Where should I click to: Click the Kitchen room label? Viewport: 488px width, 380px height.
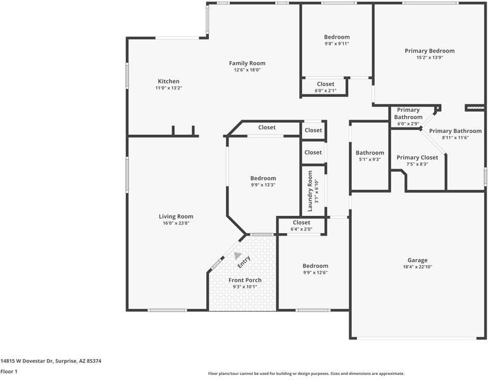point(168,81)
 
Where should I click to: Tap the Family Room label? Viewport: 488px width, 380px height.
point(247,63)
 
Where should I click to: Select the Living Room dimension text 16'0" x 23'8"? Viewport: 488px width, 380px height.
point(176,223)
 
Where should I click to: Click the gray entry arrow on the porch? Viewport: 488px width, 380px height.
point(237,255)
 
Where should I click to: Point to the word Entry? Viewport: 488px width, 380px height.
point(244,262)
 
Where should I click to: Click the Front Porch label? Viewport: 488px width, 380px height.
point(245,280)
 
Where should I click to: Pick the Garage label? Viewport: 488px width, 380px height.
point(417,260)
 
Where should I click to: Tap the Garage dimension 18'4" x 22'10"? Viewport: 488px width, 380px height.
point(417,267)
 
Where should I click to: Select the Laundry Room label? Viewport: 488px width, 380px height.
point(310,191)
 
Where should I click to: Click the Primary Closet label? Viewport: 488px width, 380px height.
point(417,158)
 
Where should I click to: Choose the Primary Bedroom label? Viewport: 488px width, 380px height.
point(430,51)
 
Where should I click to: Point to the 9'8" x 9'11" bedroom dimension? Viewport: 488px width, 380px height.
point(337,44)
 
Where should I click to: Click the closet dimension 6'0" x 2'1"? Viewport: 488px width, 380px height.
point(325,91)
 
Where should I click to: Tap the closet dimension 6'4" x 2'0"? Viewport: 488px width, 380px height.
point(301,229)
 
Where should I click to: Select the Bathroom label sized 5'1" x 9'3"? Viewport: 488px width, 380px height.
point(370,153)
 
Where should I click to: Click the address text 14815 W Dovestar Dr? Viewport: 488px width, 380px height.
point(27,361)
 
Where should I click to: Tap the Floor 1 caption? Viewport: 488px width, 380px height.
point(9,371)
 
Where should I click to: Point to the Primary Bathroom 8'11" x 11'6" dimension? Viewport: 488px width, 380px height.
point(455,137)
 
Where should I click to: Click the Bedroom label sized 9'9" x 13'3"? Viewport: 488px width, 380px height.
point(263,178)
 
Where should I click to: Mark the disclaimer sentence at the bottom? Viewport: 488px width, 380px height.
point(306,374)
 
